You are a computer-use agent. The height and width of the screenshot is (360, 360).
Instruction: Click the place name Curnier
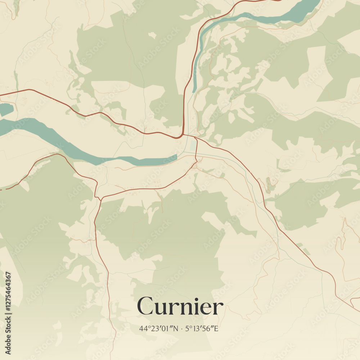pyautogui.click(x=180, y=307)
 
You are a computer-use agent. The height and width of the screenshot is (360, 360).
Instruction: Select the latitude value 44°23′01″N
pyautogui.click(x=159, y=328)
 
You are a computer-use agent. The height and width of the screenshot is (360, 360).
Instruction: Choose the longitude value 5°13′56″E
pyautogui.click(x=202, y=328)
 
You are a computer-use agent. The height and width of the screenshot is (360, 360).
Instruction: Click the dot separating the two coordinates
pyautogui.click(x=182, y=329)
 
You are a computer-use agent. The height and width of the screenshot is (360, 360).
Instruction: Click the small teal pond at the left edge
pyautogui.click(x=6, y=109)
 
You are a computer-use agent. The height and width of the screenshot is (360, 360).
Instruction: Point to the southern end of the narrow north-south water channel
pyautogui.click(x=194, y=91)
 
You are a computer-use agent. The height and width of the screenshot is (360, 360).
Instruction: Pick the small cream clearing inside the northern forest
pyautogui.click(x=152, y=35)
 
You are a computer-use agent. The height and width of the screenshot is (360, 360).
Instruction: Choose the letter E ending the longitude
pyautogui.click(x=216, y=328)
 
